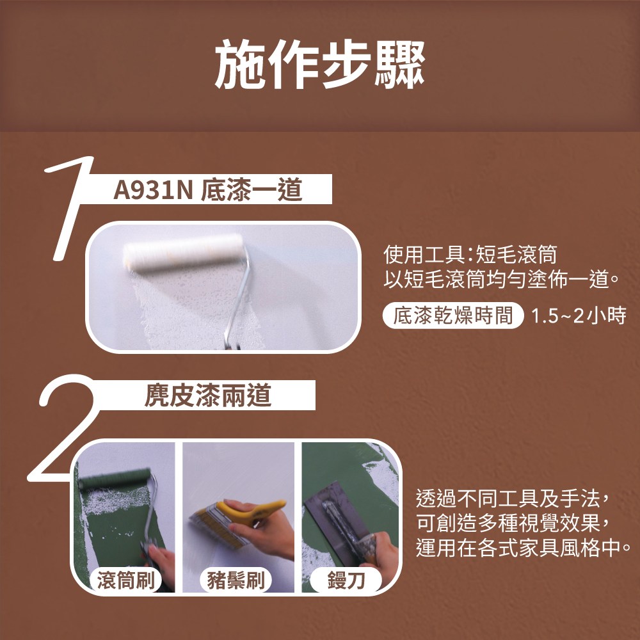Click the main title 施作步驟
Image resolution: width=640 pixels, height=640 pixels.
point(320,65)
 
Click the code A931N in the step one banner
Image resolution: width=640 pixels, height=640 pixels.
point(153,190)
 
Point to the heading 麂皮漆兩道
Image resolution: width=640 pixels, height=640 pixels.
point(208,396)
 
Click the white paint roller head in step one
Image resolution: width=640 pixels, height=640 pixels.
point(184,252)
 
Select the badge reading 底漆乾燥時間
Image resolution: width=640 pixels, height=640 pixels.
point(452,316)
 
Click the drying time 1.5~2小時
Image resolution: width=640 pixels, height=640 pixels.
point(579,316)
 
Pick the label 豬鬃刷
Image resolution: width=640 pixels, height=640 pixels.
point(236,580)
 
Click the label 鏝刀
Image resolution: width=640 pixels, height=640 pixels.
point(346,580)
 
